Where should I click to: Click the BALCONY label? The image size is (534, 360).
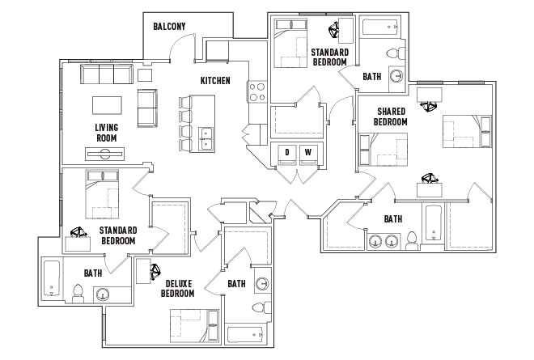pyautogui.click(x=169, y=27)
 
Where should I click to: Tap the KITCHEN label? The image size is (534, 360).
pyautogui.click(x=216, y=81)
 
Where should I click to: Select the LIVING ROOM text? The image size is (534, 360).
pyautogui.click(x=106, y=133)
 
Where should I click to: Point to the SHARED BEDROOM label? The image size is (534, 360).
pyautogui.click(x=390, y=116)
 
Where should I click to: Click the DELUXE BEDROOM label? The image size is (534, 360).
pyautogui.click(x=177, y=288)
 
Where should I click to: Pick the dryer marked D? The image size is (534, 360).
pyautogui.click(x=286, y=153)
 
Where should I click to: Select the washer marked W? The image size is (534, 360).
pyautogui.click(x=307, y=153)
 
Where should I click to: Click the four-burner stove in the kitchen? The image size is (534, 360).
pyautogui.click(x=257, y=91)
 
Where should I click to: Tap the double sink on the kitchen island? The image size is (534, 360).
pyautogui.click(x=206, y=138)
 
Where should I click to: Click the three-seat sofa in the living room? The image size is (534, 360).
pyautogui.click(x=106, y=75)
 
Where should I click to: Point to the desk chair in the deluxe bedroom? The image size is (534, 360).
pyautogui.click(x=152, y=271)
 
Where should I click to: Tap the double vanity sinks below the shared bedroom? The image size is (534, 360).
pyautogui.click(x=384, y=241)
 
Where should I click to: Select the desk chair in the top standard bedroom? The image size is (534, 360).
pyautogui.click(x=334, y=32)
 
